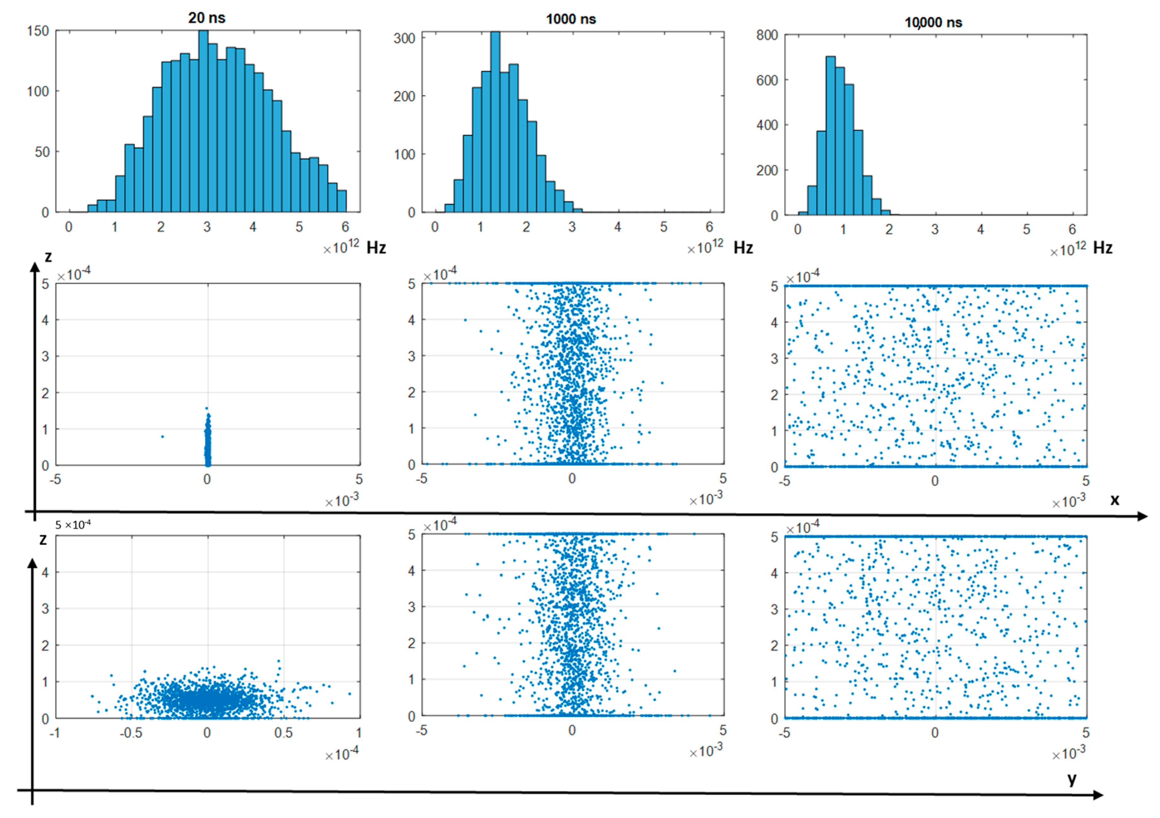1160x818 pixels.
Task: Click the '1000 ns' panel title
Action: point(571,19)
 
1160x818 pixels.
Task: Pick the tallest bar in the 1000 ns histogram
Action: point(495,121)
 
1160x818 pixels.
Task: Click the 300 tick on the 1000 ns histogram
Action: point(404,38)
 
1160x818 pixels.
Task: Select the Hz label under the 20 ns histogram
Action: point(376,248)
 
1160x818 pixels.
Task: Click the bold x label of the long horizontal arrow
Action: point(1115,500)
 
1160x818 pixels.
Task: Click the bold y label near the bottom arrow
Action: point(1072,779)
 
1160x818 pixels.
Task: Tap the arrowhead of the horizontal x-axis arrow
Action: point(1141,516)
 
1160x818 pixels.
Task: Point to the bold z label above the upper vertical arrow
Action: point(48,257)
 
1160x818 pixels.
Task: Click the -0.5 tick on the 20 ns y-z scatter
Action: point(131,733)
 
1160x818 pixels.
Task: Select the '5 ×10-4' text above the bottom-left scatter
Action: point(73,525)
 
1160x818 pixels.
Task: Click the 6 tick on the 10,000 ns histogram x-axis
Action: point(1072,229)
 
